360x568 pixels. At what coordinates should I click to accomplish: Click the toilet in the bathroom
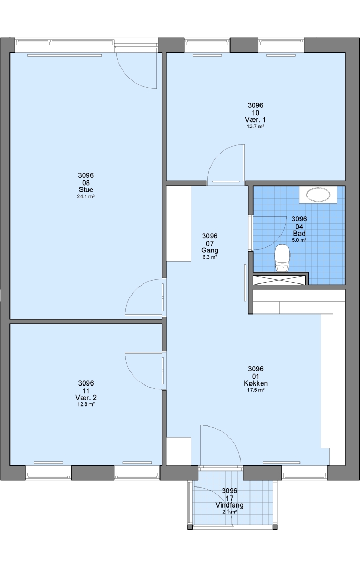point(283,258)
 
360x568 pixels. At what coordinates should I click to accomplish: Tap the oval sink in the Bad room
point(318,195)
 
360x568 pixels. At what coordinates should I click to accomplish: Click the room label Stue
point(86,189)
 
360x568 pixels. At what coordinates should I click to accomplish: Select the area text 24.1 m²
point(86,197)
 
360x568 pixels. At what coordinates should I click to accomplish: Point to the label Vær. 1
point(256,119)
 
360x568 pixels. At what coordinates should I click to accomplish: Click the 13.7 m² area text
point(256,127)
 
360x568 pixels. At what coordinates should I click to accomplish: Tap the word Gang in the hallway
point(209,250)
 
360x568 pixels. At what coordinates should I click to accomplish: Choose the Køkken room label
point(256,383)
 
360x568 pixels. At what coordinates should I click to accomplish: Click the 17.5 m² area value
point(256,390)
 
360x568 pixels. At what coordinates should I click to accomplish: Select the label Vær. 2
point(86,398)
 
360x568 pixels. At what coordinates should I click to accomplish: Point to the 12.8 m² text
point(86,404)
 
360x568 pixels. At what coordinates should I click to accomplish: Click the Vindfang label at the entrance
point(229,505)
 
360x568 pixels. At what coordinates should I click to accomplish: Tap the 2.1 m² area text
point(229,512)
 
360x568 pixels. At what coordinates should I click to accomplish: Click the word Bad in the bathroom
point(299,234)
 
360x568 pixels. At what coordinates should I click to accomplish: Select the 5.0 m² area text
point(299,240)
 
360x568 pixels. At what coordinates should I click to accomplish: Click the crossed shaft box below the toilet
point(279,280)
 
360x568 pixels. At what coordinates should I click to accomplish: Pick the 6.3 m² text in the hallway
point(209,257)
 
